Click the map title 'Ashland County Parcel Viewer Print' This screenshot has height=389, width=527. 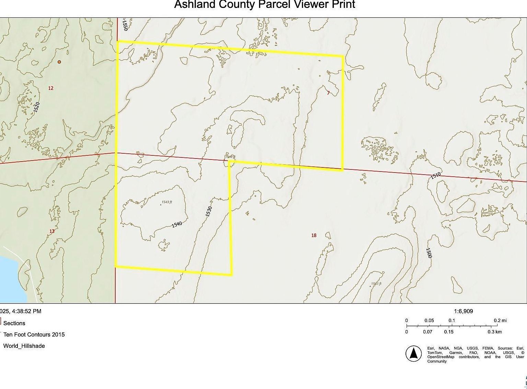265,4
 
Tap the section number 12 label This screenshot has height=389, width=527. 51,88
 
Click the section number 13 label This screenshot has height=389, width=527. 52,231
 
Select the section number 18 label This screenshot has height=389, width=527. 314,235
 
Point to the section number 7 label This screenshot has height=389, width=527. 328,93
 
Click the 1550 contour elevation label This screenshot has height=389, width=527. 125,25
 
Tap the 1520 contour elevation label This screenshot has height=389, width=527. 37,107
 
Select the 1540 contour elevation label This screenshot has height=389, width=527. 177,224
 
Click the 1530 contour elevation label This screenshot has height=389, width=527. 209,211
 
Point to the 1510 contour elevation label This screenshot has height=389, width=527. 435,176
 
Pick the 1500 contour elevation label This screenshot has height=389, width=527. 429,253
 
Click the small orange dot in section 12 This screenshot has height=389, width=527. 59,62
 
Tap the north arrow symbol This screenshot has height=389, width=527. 414,353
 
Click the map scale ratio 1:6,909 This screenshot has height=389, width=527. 463,311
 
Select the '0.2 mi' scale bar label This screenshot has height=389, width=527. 500,320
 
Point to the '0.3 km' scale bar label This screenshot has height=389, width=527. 495,332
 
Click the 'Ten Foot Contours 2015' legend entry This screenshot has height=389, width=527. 34,334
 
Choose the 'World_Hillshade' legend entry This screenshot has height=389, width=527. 24,346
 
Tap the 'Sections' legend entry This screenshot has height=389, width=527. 14,323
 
